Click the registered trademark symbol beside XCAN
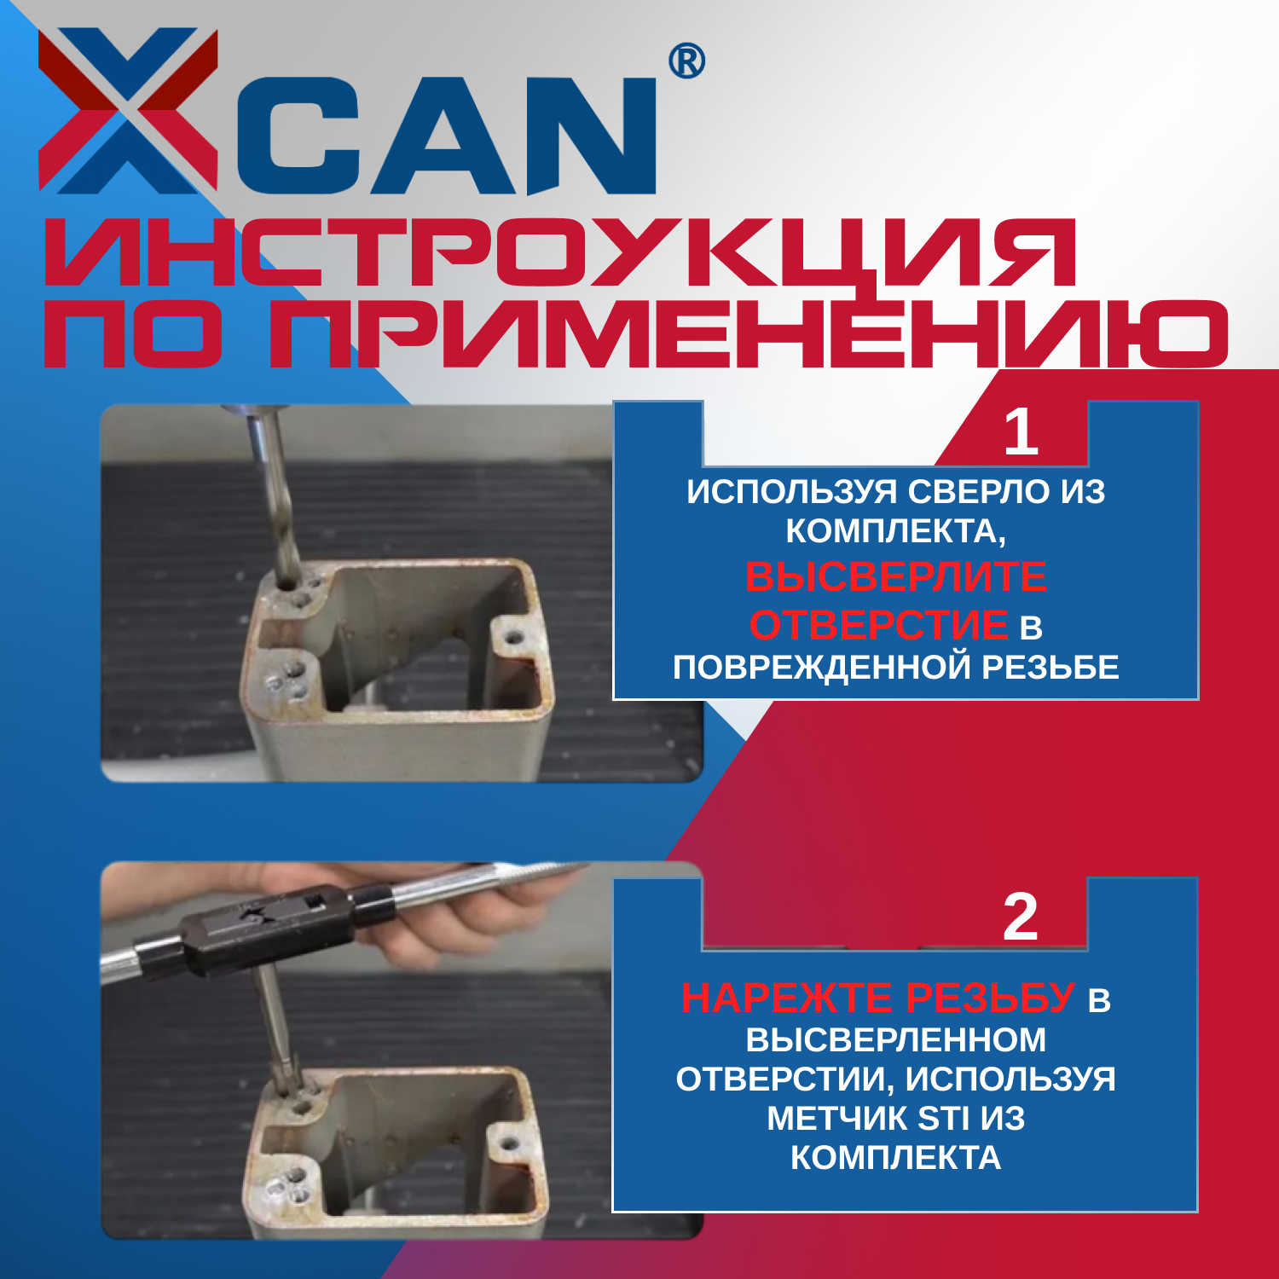(x=686, y=61)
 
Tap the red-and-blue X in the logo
(x=128, y=111)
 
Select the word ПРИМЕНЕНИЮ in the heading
(x=749, y=333)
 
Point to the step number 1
(x=1021, y=432)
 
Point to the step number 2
(x=1021, y=917)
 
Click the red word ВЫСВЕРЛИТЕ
(x=895, y=577)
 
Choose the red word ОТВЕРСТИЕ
(x=878, y=624)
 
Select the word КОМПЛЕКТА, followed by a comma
(x=895, y=532)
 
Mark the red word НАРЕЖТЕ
(x=787, y=998)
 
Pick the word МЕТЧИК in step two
(x=837, y=1118)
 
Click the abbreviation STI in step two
(x=944, y=1118)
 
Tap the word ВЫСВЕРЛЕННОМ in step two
(x=895, y=1040)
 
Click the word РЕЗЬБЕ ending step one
(x=1050, y=667)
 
